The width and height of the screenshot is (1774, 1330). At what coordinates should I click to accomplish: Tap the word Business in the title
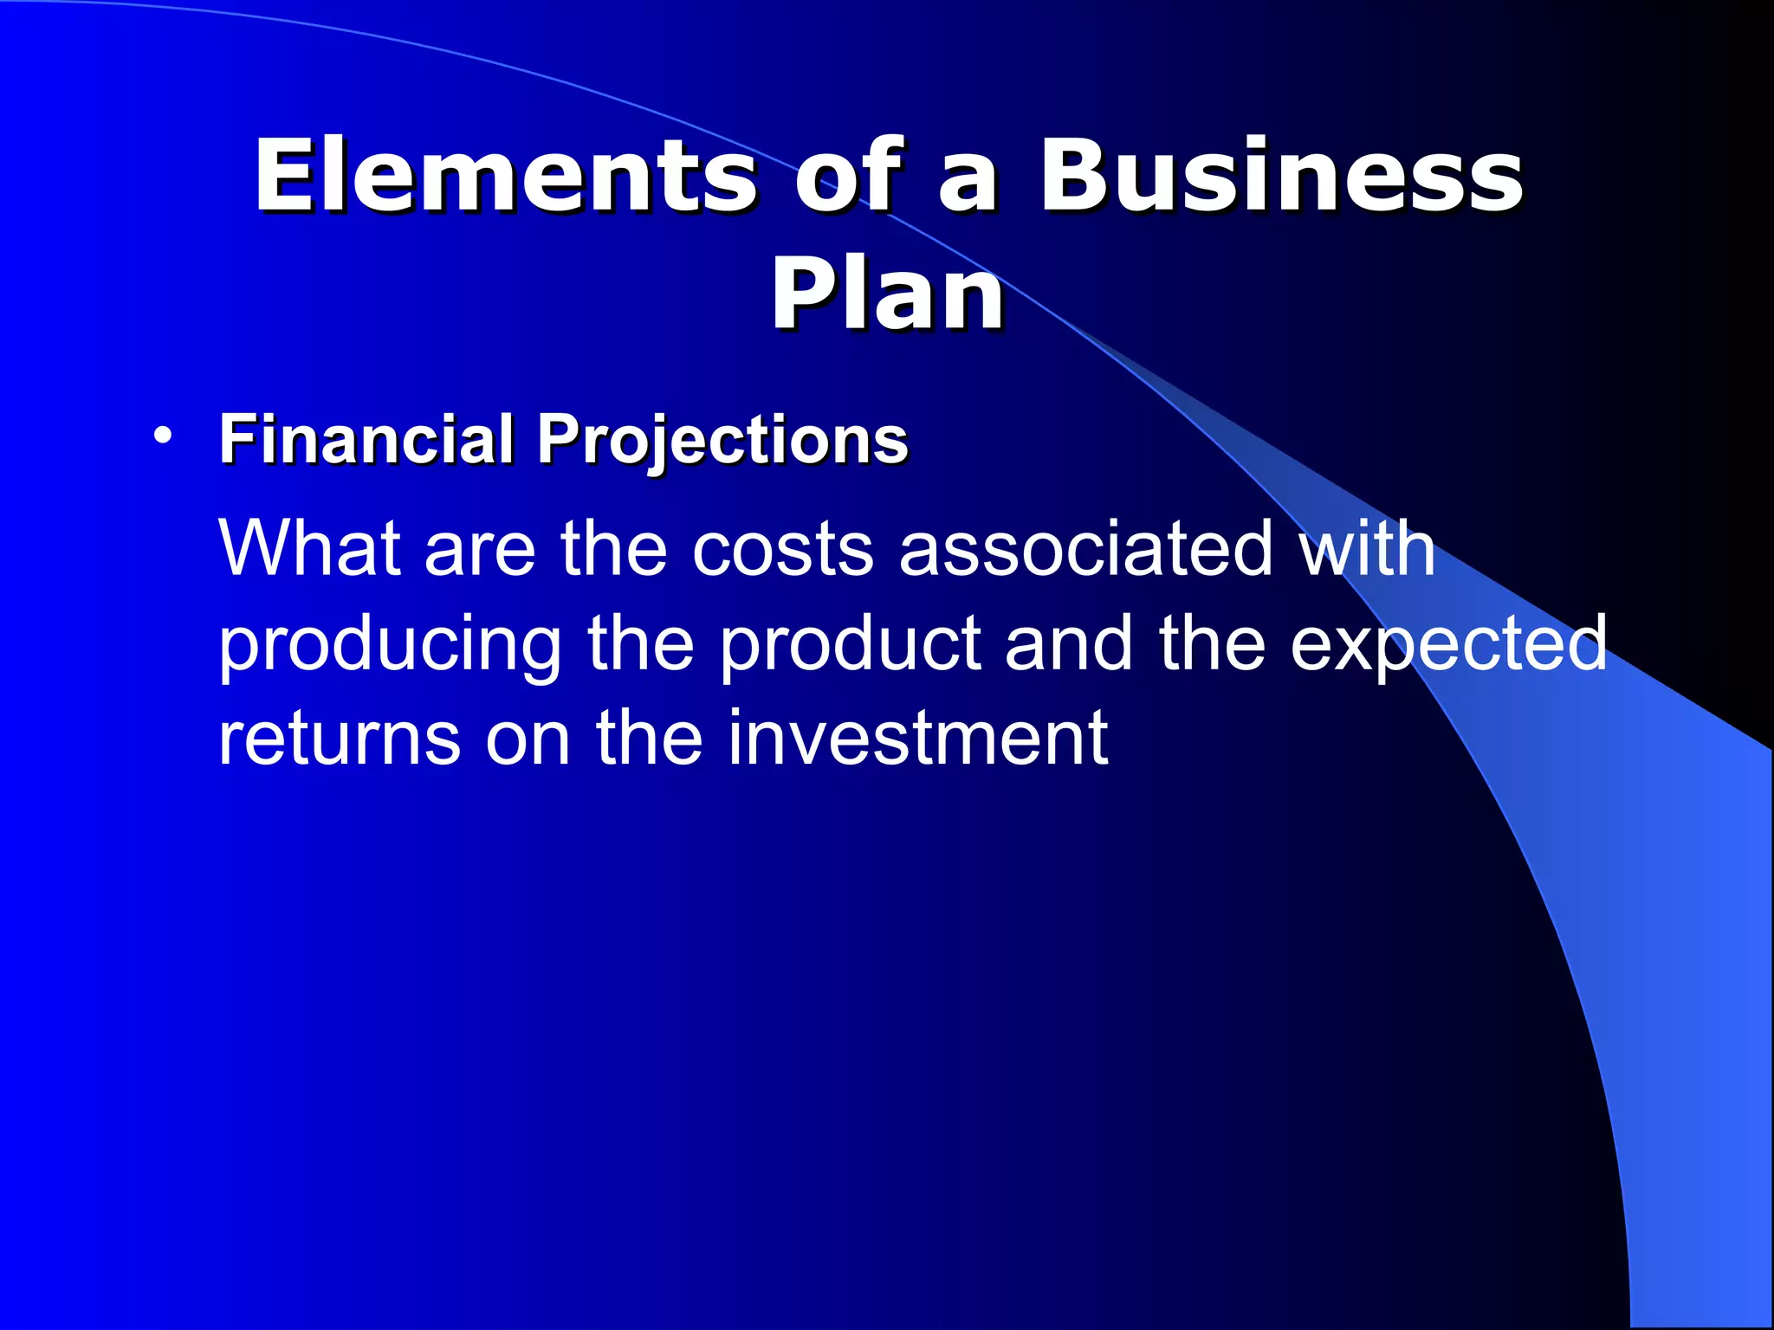pyautogui.click(x=1280, y=177)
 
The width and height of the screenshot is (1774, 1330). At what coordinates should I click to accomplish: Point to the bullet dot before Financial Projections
pyautogui.click(x=161, y=435)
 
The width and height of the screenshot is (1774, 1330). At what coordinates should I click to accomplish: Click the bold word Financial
pyautogui.click(x=367, y=439)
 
